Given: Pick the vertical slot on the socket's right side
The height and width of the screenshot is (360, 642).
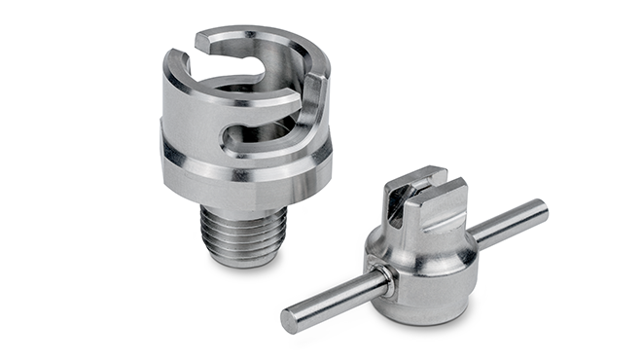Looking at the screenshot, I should point(312,107).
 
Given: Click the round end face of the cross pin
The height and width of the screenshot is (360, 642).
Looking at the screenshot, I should point(290,318).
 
